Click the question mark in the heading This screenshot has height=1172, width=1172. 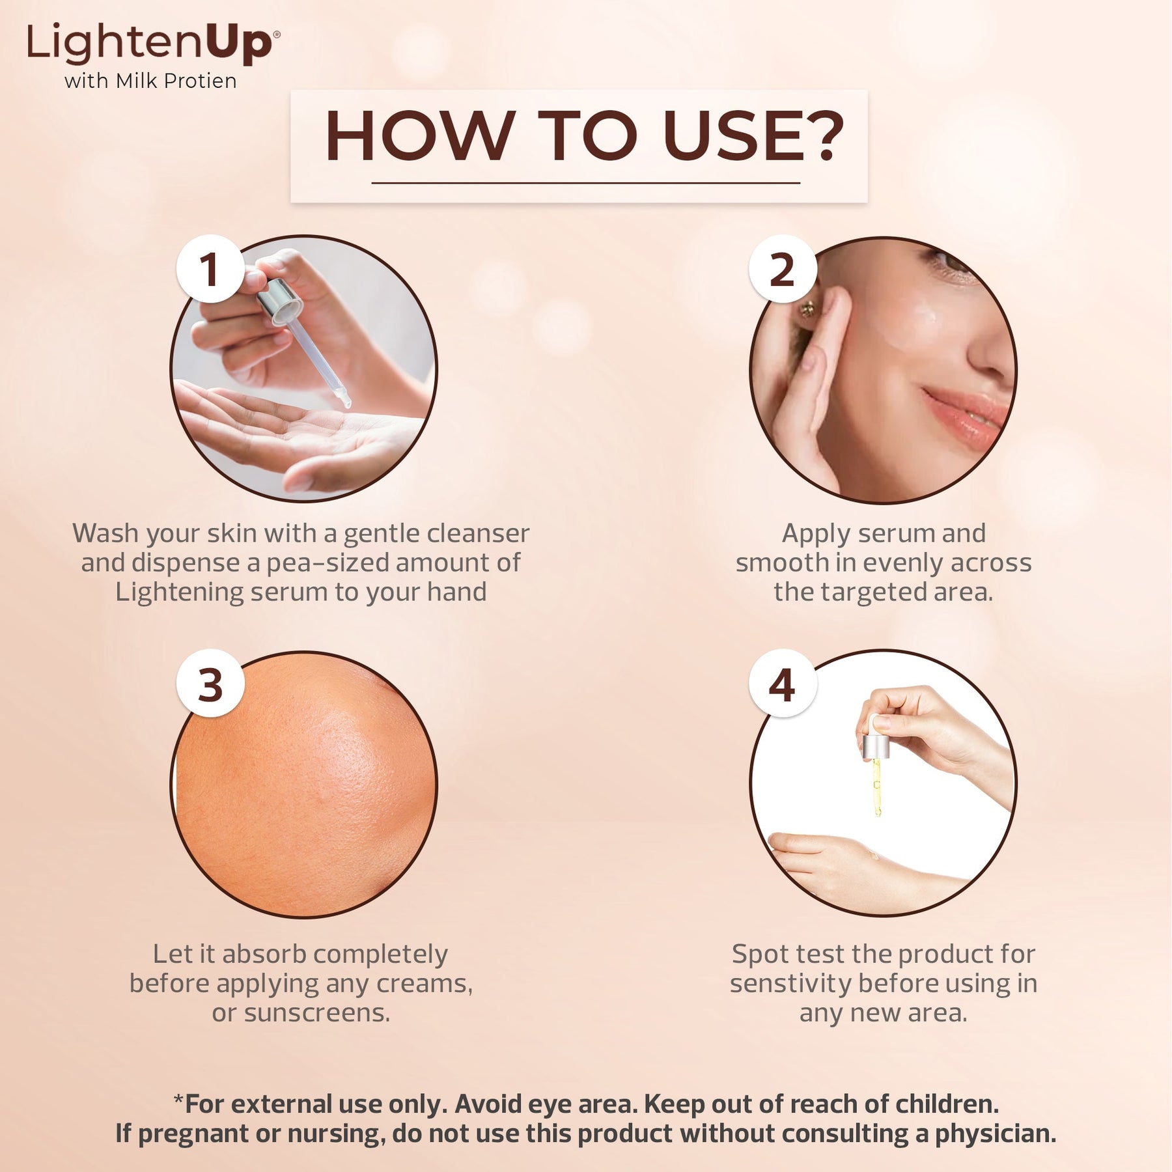823,135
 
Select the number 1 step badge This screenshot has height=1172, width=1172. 210,269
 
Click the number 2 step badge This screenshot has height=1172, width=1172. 782,269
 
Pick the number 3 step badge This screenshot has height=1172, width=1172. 210,684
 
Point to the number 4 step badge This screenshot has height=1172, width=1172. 782,684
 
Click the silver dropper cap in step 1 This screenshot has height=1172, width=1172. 281,300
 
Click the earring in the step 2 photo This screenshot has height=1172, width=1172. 807,309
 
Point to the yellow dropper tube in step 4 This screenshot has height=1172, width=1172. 876,787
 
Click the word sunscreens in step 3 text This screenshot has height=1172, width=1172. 317,1013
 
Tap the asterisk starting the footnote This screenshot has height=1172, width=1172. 178,1100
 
